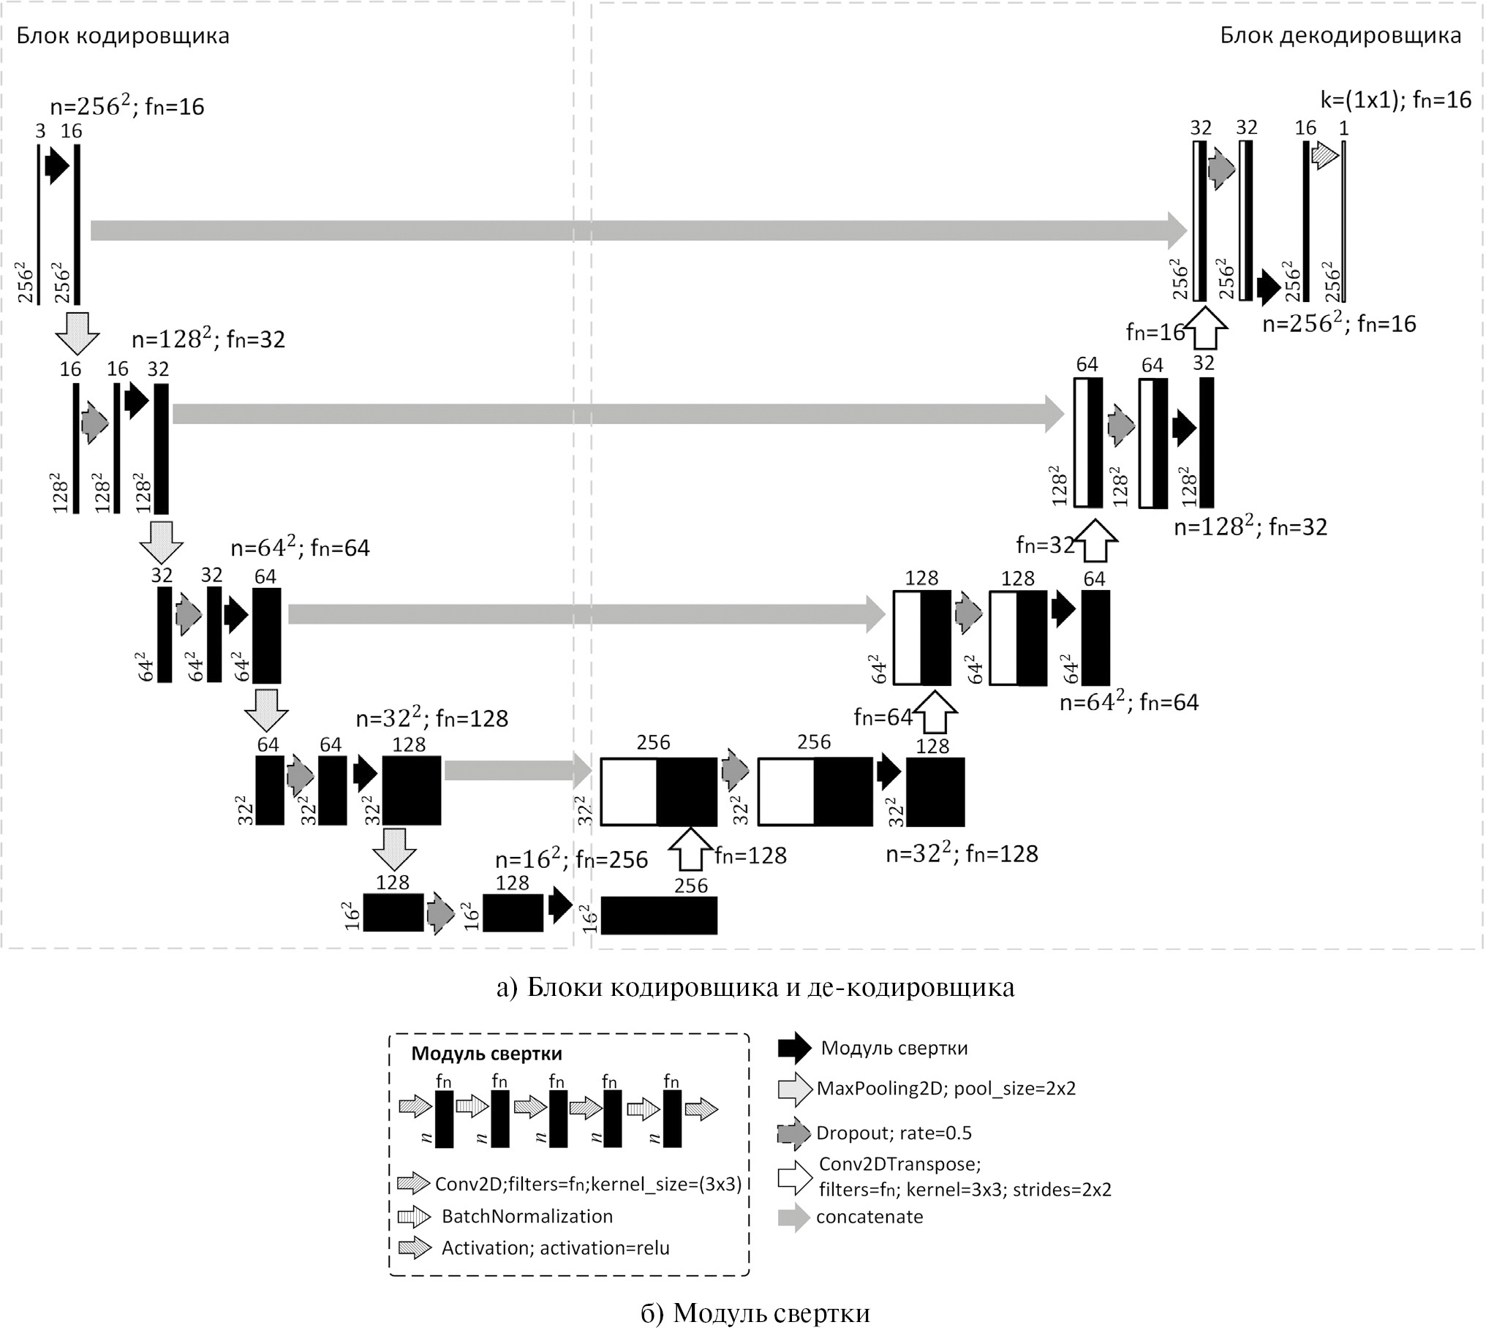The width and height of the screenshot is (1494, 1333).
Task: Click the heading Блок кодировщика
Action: click(x=123, y=36)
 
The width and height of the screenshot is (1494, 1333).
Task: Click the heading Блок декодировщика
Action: click(x=1340, y=36)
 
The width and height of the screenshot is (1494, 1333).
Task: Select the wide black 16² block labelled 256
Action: click(x=658, y=915)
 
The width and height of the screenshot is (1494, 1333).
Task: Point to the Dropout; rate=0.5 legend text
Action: click(x=894, y=1133)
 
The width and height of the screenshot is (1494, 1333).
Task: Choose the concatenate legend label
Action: click(x=869, y=1217)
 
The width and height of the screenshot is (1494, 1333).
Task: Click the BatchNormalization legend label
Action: click(x=527, y=1216)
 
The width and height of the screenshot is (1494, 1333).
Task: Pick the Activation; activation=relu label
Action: click(x=555, y=1248)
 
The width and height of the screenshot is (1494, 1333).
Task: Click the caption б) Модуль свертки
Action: click(x=755, y=1313)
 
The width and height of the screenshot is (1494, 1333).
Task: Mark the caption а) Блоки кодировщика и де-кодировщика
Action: click(x=755, y=986)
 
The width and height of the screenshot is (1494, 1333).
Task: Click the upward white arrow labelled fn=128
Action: click(x=690, y=849)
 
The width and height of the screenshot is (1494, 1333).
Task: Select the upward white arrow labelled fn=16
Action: click(x=1205, y=328)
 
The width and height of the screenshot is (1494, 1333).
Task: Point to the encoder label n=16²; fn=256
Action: click(x=571, y=859)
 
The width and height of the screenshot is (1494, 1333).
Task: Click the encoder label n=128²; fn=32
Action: click(x=208, y=339)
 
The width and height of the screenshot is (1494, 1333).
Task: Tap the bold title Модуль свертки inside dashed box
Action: click(x=486, y=1054)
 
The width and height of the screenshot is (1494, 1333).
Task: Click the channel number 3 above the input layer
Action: click(x=40, y=131)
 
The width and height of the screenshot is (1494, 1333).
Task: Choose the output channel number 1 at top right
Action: click(x=1343, y=128)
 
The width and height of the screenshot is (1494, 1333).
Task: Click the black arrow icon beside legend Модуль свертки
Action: click(x=795, y=1048)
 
